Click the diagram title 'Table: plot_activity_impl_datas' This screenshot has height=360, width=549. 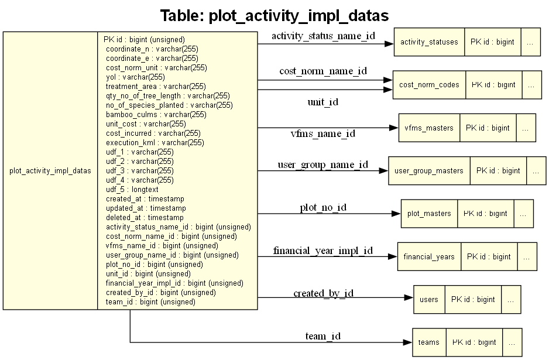274,15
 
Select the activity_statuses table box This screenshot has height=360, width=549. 428,42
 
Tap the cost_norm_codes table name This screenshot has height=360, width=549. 429,85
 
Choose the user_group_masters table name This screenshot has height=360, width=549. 429,171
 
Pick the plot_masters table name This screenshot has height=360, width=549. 429,214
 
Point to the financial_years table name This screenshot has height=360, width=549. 429,256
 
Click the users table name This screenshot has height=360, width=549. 429,300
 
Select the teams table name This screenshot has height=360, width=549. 429,342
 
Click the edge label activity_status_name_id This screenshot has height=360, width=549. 323,36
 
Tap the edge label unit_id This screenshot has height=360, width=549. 322,102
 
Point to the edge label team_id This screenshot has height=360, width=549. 322,336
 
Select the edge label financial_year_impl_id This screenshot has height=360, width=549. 322,251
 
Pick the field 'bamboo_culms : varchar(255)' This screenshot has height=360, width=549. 156,115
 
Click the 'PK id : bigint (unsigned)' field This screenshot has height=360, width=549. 144,40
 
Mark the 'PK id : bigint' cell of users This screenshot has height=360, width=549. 473,300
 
